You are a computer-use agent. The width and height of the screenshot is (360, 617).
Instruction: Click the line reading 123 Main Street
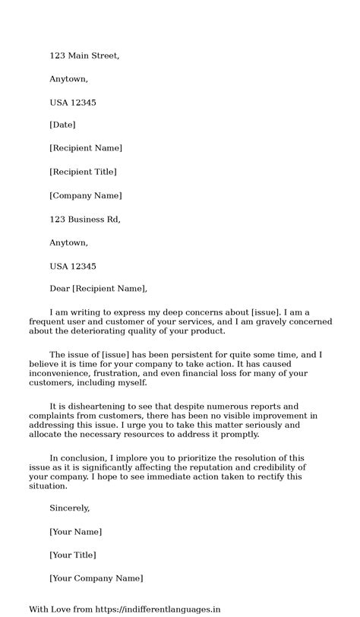[x=84, y=55]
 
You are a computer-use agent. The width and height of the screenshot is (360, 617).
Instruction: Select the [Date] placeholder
[x=62, y=125]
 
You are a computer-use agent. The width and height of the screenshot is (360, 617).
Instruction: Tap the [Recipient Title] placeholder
[x=83, y=172]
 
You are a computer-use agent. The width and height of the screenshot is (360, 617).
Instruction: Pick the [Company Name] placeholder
[x=85, y=195]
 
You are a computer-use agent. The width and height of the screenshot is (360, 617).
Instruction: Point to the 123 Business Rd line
[x=84, y=220]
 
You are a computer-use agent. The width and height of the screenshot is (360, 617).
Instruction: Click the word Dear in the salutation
[x=59, y=289]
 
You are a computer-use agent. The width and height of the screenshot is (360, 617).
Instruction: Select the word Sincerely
[x=70, y=508]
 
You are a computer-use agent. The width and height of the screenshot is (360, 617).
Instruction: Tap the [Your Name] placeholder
[x=75, y=531]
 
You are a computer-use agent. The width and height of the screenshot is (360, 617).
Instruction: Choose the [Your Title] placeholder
[x=72, y=555]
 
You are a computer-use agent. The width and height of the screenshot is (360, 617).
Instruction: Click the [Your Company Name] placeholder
[x=96, y=578]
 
